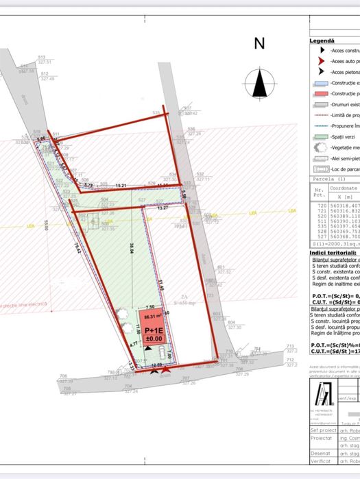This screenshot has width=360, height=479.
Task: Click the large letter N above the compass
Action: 259,44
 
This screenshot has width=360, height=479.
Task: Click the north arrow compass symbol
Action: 259,84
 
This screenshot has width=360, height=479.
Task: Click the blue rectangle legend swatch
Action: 318,82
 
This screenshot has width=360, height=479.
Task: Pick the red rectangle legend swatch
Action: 318,93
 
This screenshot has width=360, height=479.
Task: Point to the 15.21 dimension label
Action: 121,186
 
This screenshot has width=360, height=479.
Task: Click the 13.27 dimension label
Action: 163,208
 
